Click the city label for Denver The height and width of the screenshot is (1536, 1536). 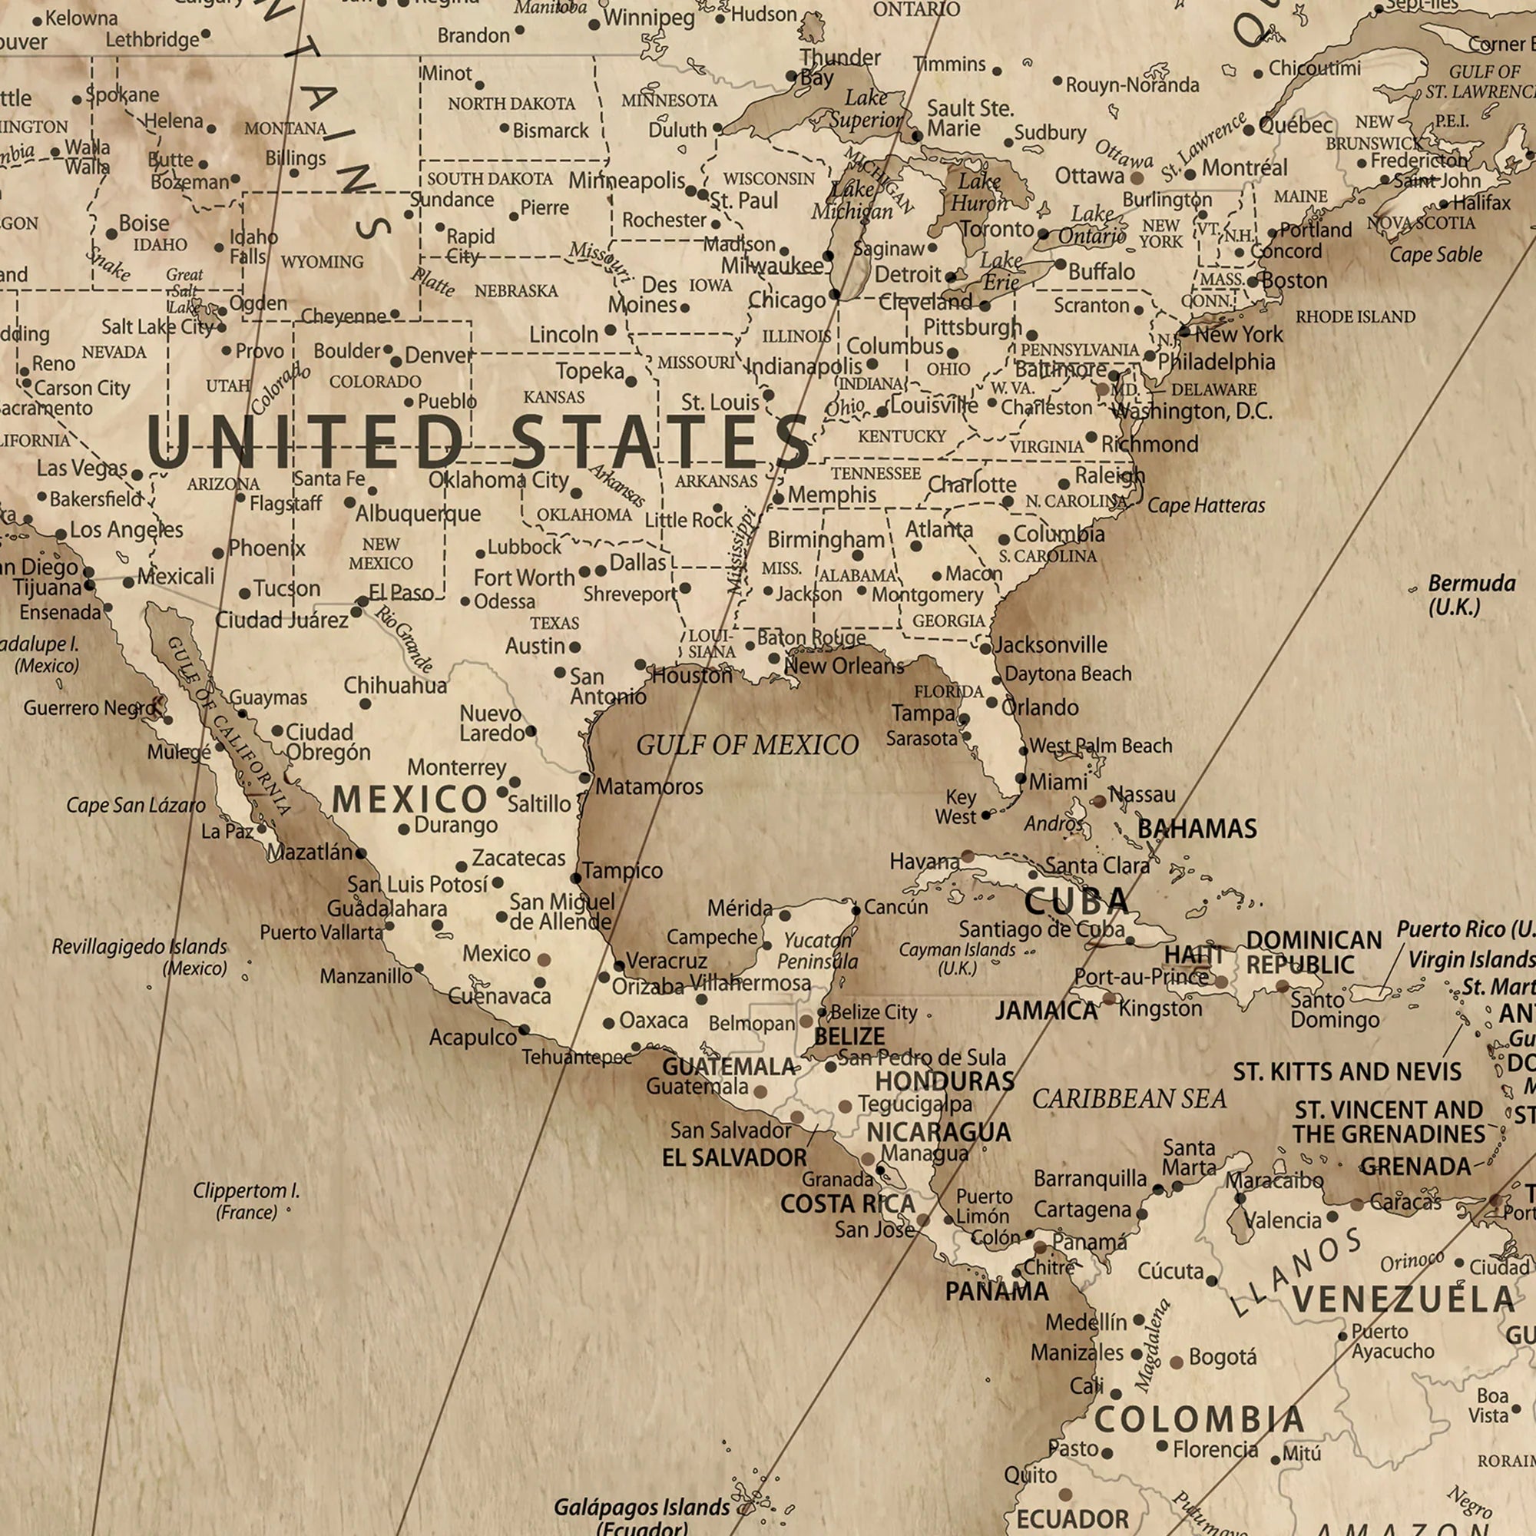tap(439, 355)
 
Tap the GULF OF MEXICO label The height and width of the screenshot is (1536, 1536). tap(747, 745)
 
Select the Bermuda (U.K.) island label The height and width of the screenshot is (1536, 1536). tap(1460, 594)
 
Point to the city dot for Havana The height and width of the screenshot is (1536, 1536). tap(968, 856)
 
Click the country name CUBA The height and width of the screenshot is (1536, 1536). tap(1077, 901)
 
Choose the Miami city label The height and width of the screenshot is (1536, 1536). tap(1058, 783)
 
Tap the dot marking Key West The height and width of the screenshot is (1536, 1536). tap(986, 815)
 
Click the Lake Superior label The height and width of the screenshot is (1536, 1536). tap(866, 108)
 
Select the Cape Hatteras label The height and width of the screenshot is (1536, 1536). tap(1205, 505)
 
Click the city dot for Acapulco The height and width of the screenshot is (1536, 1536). tap(524, 1030)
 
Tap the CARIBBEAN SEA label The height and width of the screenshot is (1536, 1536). tap(1129, 1099)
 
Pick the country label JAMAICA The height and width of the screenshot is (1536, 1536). tap(1046, 1011)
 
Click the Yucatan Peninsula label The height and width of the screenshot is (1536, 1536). tap(817, 951)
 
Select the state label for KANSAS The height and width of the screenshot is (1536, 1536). tap(554, 397)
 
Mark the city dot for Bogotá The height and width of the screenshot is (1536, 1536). tap(1177, 1362)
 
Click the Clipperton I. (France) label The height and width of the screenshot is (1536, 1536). tap(247, 1200)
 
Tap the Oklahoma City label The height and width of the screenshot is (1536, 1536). tap(498, 479)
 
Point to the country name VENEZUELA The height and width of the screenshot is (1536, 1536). tap(1403, 1299)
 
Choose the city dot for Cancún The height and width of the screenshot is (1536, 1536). tap(856, 910)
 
